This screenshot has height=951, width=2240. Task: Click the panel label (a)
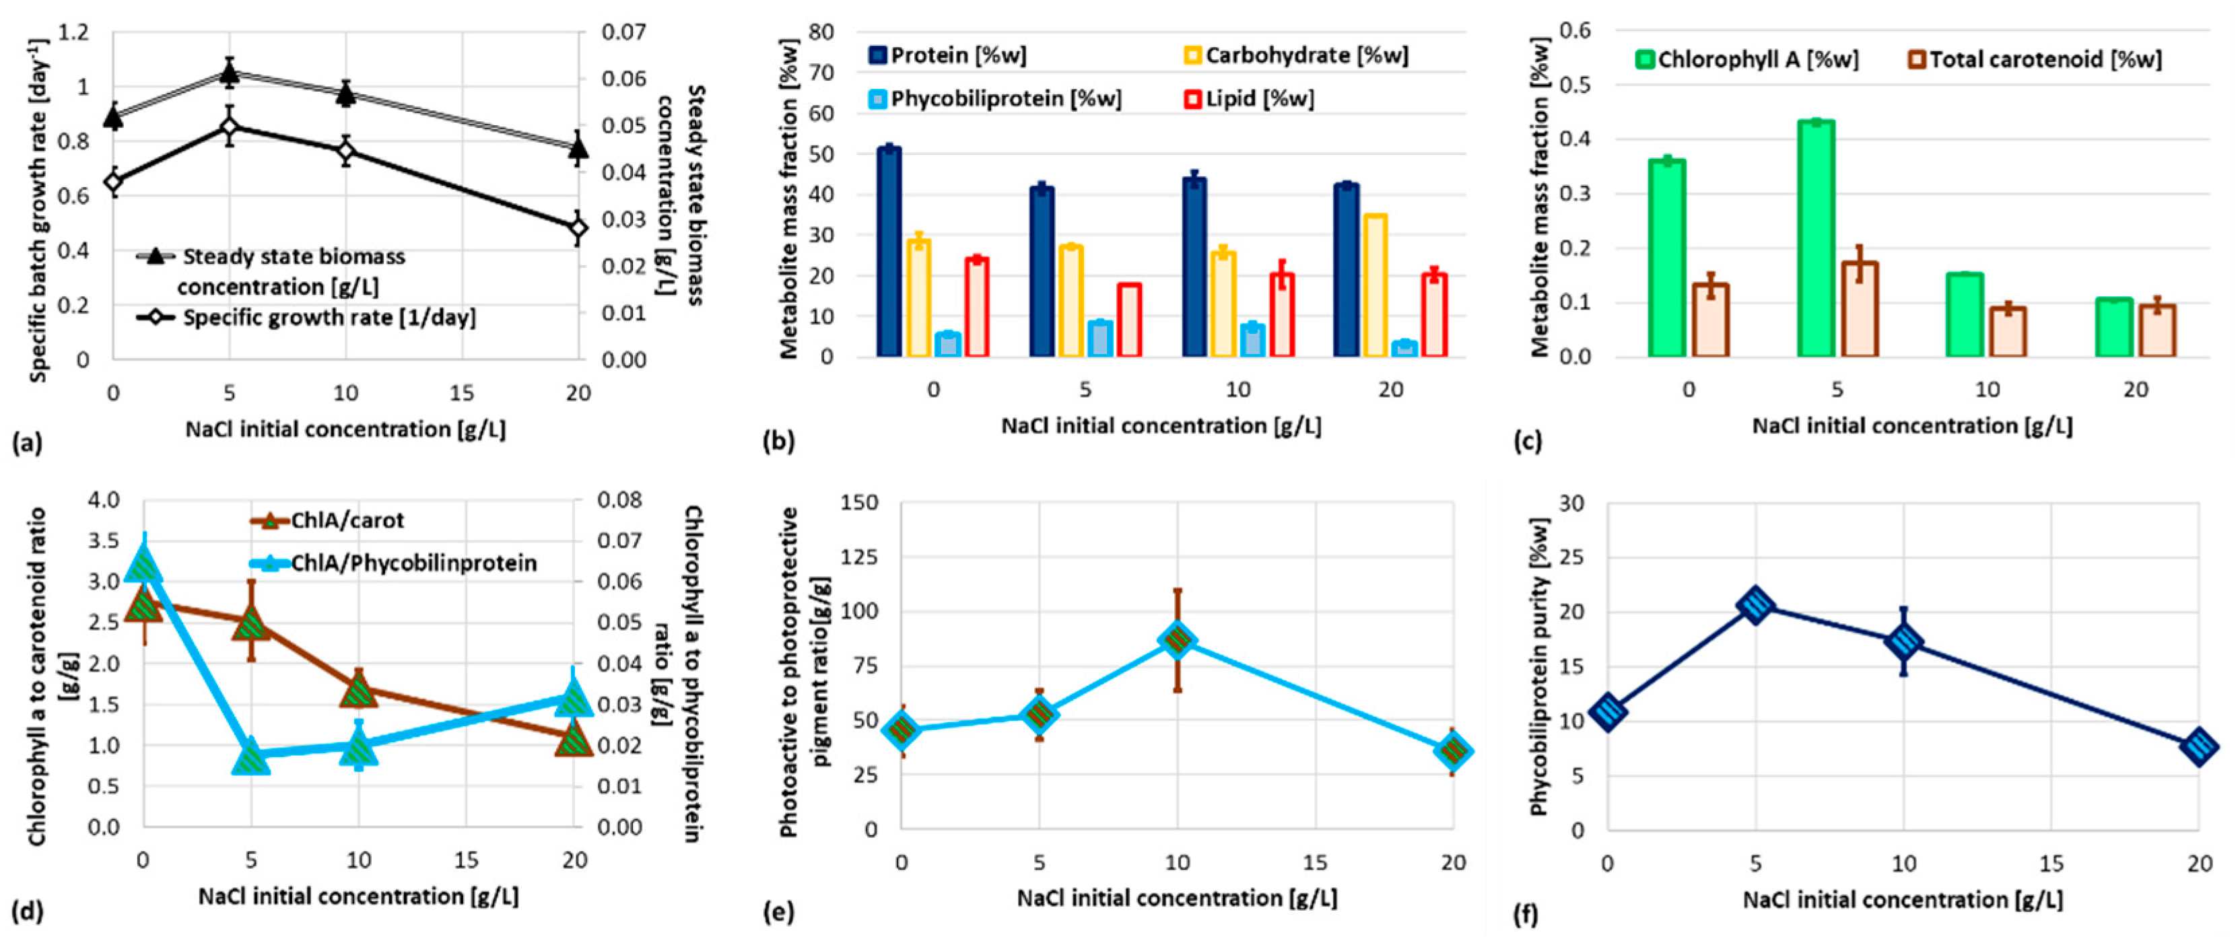pos(27,444)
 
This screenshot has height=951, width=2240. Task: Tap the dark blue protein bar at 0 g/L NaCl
pos(889,252)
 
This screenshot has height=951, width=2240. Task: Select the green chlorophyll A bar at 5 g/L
pos(1816,239)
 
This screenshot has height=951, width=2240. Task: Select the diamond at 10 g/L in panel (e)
pos(1178,641)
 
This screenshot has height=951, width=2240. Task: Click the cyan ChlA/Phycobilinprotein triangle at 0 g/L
pos(143,565)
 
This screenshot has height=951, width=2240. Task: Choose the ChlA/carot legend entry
pos(328,521)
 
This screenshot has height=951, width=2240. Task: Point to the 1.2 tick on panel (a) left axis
pos(72,33)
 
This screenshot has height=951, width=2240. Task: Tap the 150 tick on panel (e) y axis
pos(860,503)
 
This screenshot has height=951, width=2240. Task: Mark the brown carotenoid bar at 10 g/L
pos(2008,331)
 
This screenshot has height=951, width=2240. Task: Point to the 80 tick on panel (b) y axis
pos(821,32)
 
